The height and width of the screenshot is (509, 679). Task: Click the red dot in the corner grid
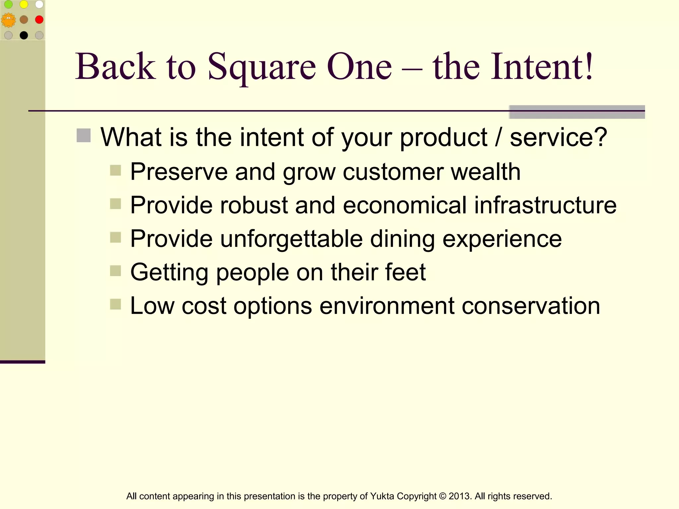coord(39,20)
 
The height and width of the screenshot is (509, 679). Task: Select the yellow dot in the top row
coord(24,4)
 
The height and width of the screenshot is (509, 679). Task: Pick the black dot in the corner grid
coord(24,35)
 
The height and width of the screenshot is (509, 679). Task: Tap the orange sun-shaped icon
coord(8,20)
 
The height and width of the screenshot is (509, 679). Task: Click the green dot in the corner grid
coord(8,4)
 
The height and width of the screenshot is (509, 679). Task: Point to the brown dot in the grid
coord(24,20)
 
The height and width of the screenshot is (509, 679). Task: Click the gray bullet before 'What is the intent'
coord(84,136)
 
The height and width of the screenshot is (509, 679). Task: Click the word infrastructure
coord(545,205)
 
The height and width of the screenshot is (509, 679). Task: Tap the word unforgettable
coord(291,239)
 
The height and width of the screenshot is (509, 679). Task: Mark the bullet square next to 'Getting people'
coord(115,271)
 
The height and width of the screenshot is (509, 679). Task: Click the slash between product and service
coord(498,137)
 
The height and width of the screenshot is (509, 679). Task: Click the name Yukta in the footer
coord(382,496)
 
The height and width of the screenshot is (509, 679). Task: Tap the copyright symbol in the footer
coord(442,496)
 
